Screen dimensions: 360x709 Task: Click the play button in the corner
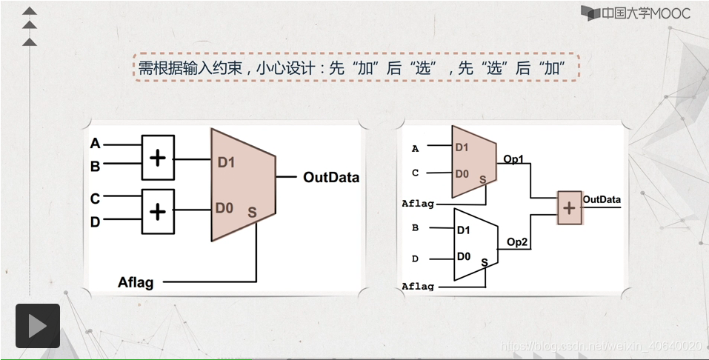tap(37, 326)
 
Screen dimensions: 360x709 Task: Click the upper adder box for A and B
tap(157, 158)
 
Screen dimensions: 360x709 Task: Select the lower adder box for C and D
tap(157, 211)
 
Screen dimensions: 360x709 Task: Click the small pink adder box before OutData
tap(569, 208)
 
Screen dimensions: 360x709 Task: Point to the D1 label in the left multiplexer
tap(226, 162)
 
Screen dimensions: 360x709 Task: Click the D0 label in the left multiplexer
tap(224, 208)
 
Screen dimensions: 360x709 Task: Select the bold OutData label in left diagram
tap(330, 178)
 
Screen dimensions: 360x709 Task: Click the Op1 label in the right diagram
tap(513, 159)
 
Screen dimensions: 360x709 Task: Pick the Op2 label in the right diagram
tap(516, 241)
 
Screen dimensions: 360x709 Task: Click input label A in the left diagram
tap(95, 143)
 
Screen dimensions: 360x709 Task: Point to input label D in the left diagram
tap(95, 221)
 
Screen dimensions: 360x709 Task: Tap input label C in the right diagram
tap(415, 173)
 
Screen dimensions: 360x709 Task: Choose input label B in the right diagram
tap(415, 227)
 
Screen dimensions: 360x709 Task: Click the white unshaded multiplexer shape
tap(474, 244)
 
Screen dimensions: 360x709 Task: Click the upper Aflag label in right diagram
tap(418, 203)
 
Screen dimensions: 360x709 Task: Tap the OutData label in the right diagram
tap(602, 199)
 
